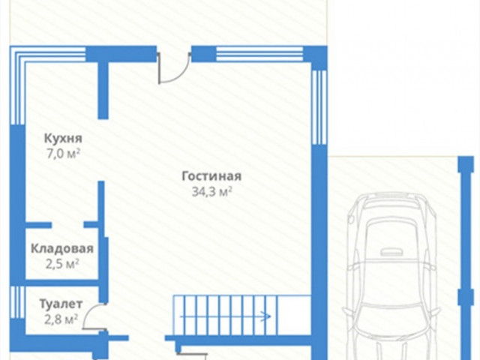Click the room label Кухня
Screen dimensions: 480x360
click(x=63, y=138)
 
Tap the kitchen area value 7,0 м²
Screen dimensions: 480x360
click(x=63, y=153)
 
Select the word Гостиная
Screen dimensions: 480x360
click(x=211, y=176)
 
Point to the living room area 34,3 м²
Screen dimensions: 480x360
click(x=211, y=192)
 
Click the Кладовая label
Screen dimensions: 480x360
click(x=62, y=248)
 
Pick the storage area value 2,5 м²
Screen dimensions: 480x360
click(x=62, y=263)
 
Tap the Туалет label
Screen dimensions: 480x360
click(x=61, y=304)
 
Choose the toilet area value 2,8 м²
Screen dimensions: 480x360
click(x=61, y=319)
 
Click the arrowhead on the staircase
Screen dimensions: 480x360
click(x=268, y=316)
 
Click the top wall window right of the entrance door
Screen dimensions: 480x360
click(x=259, y=54)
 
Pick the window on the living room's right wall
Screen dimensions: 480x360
click(x=319, y=107)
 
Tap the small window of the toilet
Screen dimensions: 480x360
click(x=17, y=302)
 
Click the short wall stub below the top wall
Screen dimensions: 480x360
click(x=103, y=90)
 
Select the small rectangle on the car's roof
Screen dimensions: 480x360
click(x=392, y=252)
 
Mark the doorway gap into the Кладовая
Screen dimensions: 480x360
click(x=67, y=225)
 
